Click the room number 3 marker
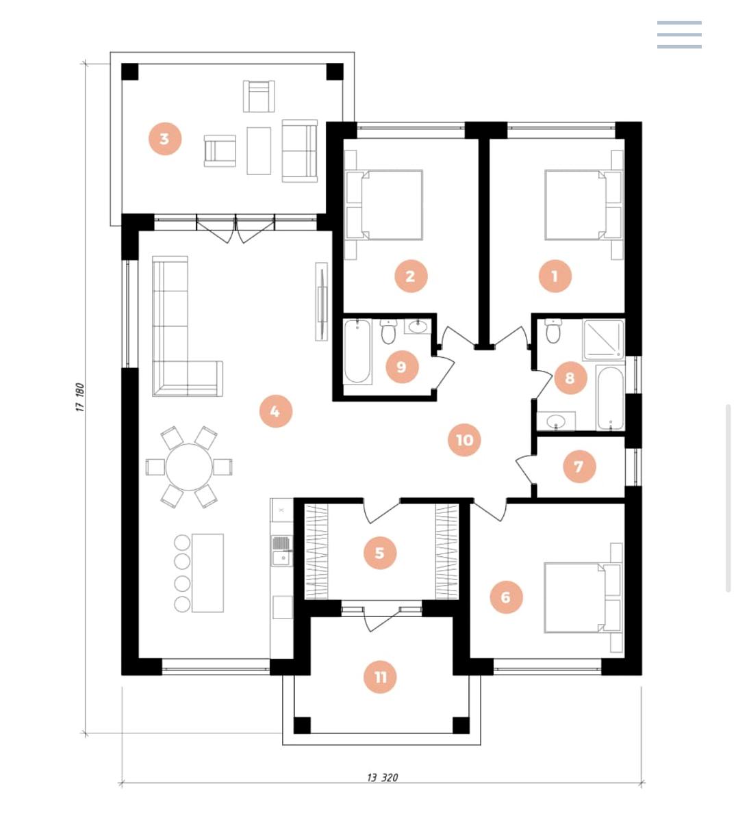164,139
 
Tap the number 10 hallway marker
464,440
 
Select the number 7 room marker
579,467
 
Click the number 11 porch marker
381,677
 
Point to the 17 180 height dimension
80,398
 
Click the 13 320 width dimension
382,777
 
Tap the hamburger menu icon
678,34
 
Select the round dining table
189,467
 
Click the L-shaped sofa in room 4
171,342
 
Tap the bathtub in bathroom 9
357,351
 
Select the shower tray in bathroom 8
603,339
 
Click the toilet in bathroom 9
388,331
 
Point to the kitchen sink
281,550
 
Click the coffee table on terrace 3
259,151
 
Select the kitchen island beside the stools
207,573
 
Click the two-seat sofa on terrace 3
300,151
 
